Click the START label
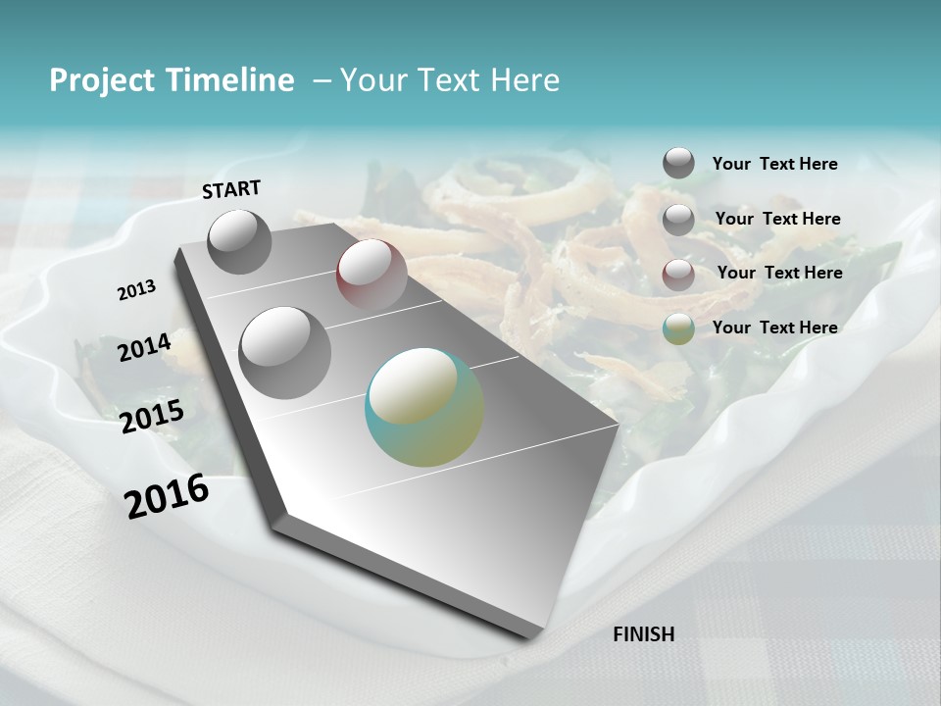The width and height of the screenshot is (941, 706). click(x=231, y=188)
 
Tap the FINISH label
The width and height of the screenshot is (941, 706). click(x=643, y=634)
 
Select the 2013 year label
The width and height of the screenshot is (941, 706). click(x=136, y=289)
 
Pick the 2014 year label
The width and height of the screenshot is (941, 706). click(x=144, y=347)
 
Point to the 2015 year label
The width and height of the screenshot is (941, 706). click(x=151, y=416)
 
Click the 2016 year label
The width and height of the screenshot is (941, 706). click(x=167, y=495)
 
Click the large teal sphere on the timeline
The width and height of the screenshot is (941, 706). click(x=424, y=407)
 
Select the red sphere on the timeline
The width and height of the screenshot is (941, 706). click(x=371, y=275)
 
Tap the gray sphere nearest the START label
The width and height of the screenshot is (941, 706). click(x=239, y=241)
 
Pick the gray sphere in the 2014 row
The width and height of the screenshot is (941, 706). click(x=285, y=352)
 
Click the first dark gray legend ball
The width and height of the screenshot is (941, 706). click(x=678, y=164)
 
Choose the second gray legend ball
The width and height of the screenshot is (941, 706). click(x=678, y=220)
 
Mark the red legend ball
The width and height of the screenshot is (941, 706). click(x=678, y=275)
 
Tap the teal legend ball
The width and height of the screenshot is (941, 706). click(x=678, y=328)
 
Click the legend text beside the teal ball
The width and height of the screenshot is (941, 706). click(x=774, y=328)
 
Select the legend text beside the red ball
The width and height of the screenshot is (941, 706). click(x=779, y=273)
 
